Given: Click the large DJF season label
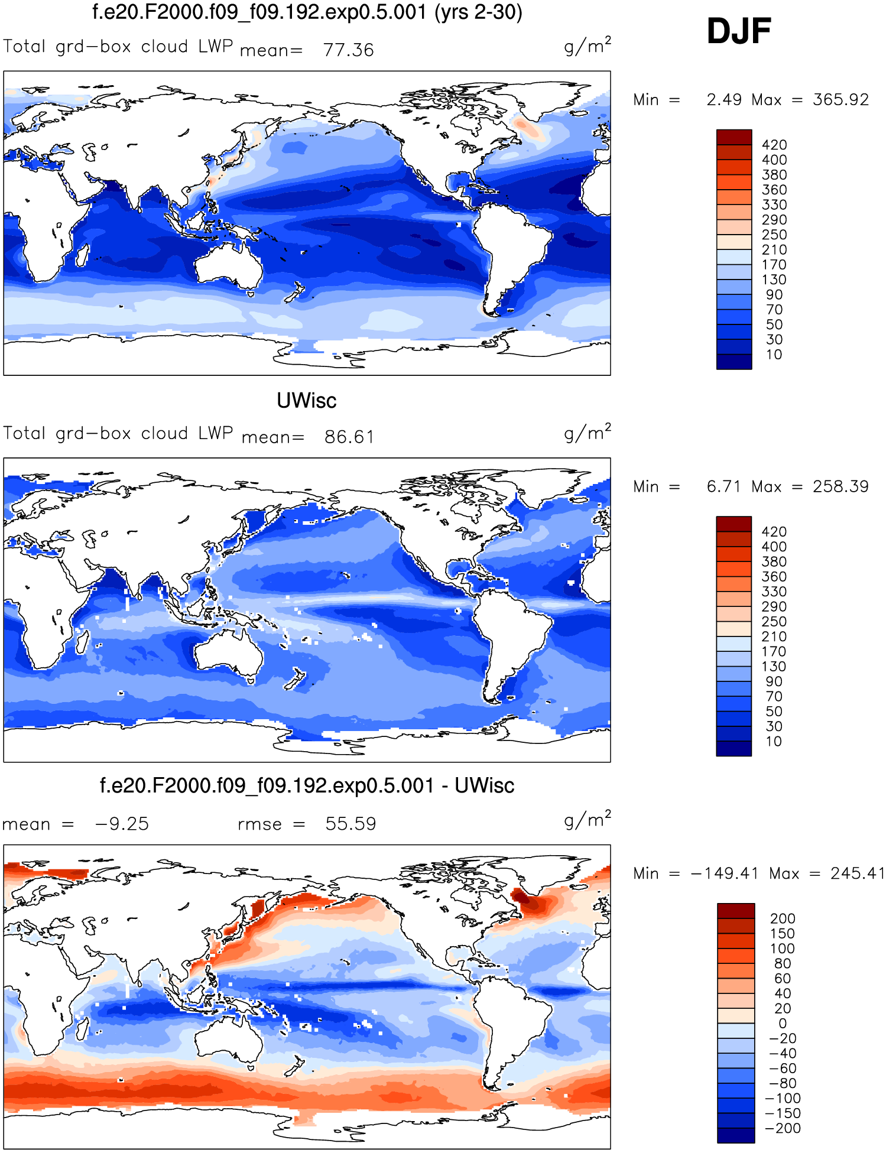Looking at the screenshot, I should [739, 31].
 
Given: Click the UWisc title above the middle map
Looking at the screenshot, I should [306, 401].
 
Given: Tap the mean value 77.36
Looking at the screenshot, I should [348, 50].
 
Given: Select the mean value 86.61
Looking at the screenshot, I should [349, 437].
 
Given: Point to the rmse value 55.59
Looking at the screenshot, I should [350, 824].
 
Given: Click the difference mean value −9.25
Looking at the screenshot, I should [122, 824].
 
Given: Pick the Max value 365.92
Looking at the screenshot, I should [840, 99].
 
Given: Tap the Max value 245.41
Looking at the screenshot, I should [856, 873].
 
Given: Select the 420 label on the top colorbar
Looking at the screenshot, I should [774, 145].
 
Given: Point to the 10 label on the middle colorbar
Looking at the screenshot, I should [774, 742].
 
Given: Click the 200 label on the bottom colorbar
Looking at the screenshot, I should [783, 918].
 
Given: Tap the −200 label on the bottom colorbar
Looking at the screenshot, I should [783, 1128].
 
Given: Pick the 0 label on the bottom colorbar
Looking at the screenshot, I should [783, 1024].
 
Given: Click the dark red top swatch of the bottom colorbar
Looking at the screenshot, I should [736, 911].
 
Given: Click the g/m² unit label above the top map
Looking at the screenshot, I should [588, 46].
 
